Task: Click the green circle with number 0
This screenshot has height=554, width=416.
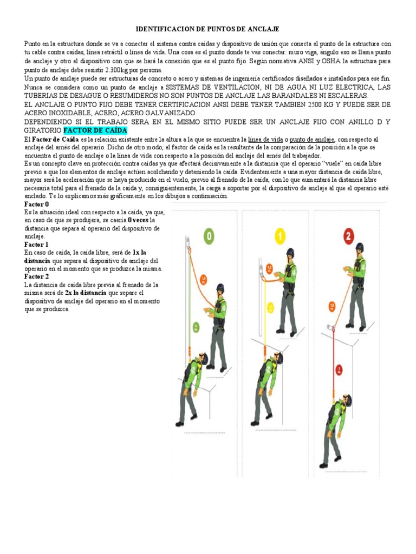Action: [209, 236]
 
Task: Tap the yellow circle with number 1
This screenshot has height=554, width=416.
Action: [279, 236]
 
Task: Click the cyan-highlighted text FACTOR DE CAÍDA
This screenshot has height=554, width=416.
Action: [95, 131]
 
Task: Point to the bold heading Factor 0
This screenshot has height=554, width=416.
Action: [37, 205]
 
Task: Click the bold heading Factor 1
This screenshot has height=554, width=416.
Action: [37, 245]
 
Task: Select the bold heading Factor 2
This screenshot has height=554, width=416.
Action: [37, 276]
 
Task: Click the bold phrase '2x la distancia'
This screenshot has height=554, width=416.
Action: [86, 293]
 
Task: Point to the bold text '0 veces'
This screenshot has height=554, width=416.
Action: [138, 220]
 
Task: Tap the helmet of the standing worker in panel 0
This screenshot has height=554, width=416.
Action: [220, 288]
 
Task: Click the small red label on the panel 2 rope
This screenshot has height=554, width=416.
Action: [339, 370]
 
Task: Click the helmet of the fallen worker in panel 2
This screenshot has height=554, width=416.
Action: [346, 400]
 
